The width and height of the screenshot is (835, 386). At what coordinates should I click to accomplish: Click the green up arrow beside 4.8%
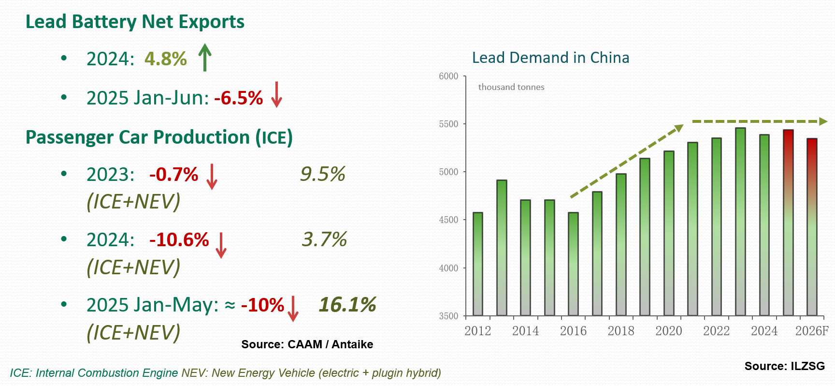pos(205,57)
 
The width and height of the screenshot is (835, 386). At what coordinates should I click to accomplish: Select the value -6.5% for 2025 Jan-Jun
pos(238,98)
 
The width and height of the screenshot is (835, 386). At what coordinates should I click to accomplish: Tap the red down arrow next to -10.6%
pos(221,245)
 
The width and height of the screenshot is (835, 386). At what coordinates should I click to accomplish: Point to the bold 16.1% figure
pos(347,305)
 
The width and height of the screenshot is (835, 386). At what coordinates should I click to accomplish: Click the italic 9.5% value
pos(322,174)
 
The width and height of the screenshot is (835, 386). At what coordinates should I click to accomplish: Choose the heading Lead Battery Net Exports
pos(135,22)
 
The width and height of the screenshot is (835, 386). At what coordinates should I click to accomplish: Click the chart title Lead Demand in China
pos(550,58)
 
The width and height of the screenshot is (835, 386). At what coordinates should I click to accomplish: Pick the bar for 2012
pos(478,264)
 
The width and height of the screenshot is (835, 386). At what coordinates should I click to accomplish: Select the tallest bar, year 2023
pos(740,222)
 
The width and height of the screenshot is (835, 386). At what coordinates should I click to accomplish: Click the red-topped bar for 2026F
pos(812,227)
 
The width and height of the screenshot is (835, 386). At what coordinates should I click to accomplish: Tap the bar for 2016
pos(573,264)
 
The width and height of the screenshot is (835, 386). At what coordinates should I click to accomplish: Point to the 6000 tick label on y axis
pos(448,76)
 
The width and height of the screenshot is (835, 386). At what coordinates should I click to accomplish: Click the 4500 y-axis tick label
pos(448,220)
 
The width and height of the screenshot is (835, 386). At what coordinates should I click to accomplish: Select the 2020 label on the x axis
pos(669,331)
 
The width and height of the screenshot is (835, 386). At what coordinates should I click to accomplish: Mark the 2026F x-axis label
pos(812,331)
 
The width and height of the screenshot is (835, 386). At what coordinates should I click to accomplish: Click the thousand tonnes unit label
pos(511,87)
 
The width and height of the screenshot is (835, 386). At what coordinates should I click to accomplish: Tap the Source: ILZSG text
pos(784,366)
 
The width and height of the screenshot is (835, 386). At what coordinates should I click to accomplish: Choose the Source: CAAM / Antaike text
pos(307,344)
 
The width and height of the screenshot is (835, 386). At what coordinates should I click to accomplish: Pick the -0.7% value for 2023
pos(173,175)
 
